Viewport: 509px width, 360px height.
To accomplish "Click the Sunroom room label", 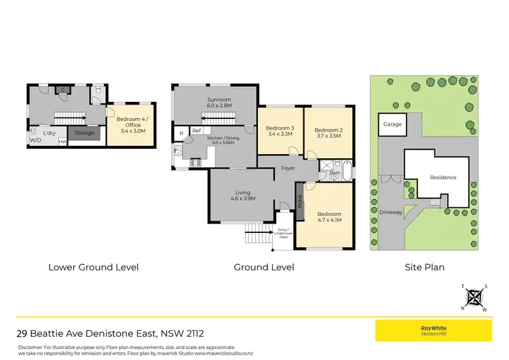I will click(219, 103).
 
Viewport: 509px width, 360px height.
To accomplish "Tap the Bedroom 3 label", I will click(279, 131).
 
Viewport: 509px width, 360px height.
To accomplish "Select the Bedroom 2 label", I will click(328, 131).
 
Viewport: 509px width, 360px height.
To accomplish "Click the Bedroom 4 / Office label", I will click(131, 123).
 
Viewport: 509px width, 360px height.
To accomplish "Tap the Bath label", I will click(335, 173).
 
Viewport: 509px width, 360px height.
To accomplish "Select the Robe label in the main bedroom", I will click(299, 202).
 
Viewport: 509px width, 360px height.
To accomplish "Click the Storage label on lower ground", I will click(85, 133).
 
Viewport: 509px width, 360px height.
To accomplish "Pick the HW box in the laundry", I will click(62, 141).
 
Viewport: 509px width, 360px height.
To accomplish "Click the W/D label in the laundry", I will click(35, 141).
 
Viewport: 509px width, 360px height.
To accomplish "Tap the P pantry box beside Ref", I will click(181, 133).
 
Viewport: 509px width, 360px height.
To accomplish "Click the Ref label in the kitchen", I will click(197, 130).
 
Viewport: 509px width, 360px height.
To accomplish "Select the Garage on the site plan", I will click(392, 125).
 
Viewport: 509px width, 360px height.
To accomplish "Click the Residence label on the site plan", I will click(443, 177).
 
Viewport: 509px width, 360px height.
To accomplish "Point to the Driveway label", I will click(391, 212).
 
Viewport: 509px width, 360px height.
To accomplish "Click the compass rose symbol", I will click(475, 297).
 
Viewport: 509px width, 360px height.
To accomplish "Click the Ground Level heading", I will click(264, 267).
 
